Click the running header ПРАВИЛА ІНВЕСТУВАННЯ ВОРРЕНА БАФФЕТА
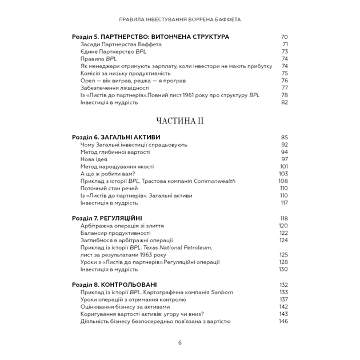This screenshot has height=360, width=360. click(x=180, y=19)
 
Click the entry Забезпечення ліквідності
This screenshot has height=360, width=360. click(x=114, y=88)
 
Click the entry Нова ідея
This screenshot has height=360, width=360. click(x=94, y=159)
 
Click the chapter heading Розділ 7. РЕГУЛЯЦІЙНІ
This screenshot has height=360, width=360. click(x=107, y=218)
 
